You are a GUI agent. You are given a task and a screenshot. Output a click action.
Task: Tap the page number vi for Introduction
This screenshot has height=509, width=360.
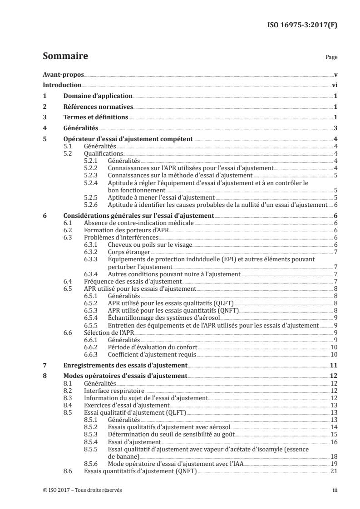pyautogui.click(x=334, y=85)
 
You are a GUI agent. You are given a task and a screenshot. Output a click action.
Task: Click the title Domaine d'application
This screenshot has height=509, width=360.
pyautogui.click(x=98, y=96)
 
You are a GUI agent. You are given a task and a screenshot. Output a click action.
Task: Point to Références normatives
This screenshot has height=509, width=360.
pyautogui.click(x=98, y=107)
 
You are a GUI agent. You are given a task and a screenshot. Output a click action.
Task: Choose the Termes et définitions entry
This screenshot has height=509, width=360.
pyautogui.click(x=95, y=118)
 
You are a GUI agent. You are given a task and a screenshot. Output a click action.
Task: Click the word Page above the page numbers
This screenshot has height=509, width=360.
pyautogui.click(x=332, y=58)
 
